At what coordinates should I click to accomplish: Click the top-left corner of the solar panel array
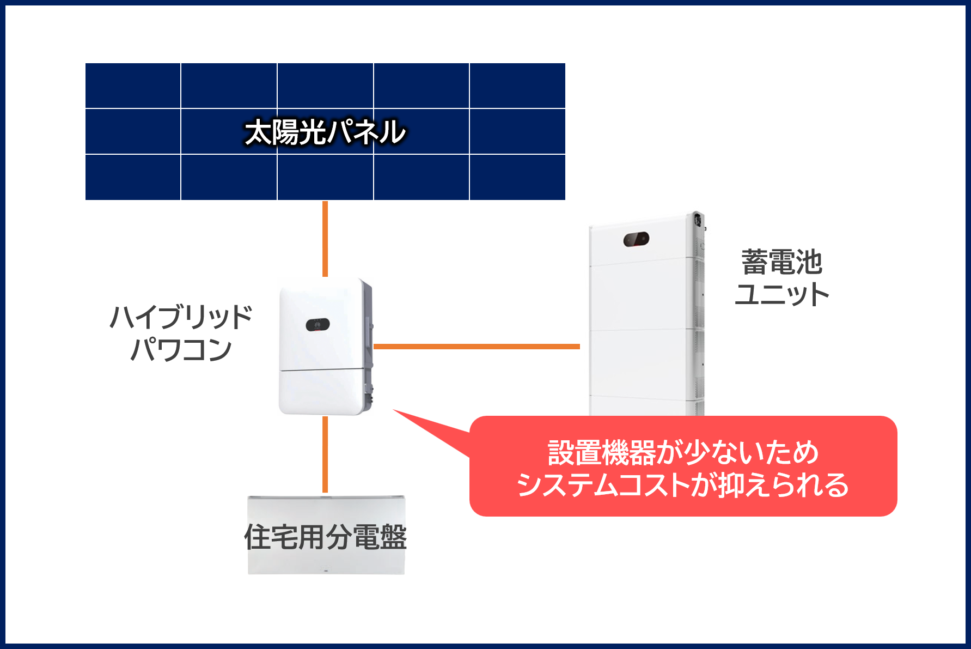tap(86, 63)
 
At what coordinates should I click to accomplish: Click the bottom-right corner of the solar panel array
tap(565, 200)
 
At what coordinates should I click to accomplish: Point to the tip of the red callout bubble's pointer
tap(393, 410)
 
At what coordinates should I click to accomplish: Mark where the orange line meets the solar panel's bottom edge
tap(325, 201)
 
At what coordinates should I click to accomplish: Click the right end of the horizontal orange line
tap(580, 347)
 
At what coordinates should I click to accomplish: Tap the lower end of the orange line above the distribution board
tap(325, 493)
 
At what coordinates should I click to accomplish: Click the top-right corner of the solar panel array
tap(565, 63)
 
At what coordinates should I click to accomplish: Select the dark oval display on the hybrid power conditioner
tap(317, 325)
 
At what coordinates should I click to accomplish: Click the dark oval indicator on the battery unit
tap(636, 239)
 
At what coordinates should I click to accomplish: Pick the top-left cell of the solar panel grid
tap(133, 86)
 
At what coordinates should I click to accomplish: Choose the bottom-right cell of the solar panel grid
tap(517, 178)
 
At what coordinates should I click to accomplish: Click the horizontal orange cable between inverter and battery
tap(477, 347)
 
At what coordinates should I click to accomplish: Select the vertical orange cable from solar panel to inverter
tap(325, 239)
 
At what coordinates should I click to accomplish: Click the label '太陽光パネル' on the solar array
tap(325, 132)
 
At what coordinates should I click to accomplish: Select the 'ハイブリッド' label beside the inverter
tap(181, 317)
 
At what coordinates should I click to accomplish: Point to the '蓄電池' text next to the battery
tap(781, 263)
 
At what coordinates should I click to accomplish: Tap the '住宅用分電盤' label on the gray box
tap(326, 537)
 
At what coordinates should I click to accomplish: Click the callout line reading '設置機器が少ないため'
tap(683, 453)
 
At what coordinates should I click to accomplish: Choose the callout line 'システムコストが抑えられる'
tap(683, 485)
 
